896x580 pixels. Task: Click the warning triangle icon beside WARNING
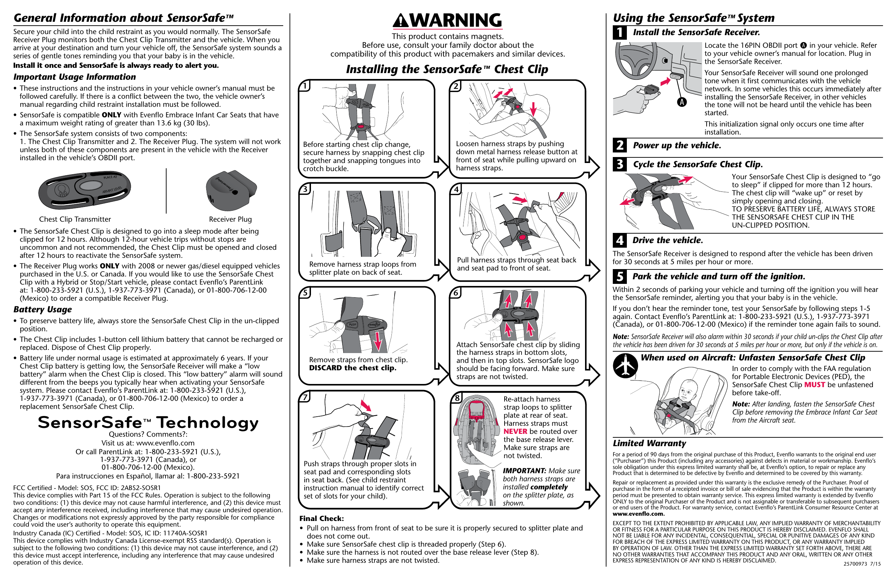coord(401,21)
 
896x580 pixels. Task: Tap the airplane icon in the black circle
coord(625,365)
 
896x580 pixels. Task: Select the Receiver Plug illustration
coord(231,190)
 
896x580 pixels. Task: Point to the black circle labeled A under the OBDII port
coord(681,102)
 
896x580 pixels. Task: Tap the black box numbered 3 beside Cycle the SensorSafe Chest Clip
coord(619,164)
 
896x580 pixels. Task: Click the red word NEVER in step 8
coord(515,431)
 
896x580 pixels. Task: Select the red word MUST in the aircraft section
coord(814,385)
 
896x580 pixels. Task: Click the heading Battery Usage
coord(43,309)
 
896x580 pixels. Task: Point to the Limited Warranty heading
coord(649,443)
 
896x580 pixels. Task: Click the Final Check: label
coord(321,518)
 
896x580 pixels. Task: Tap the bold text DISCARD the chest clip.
coord(352,368)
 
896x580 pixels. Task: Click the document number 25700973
coord(855,564)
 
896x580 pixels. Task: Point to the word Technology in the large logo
coord(207,423)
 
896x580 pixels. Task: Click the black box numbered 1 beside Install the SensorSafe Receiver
coord(619,33)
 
